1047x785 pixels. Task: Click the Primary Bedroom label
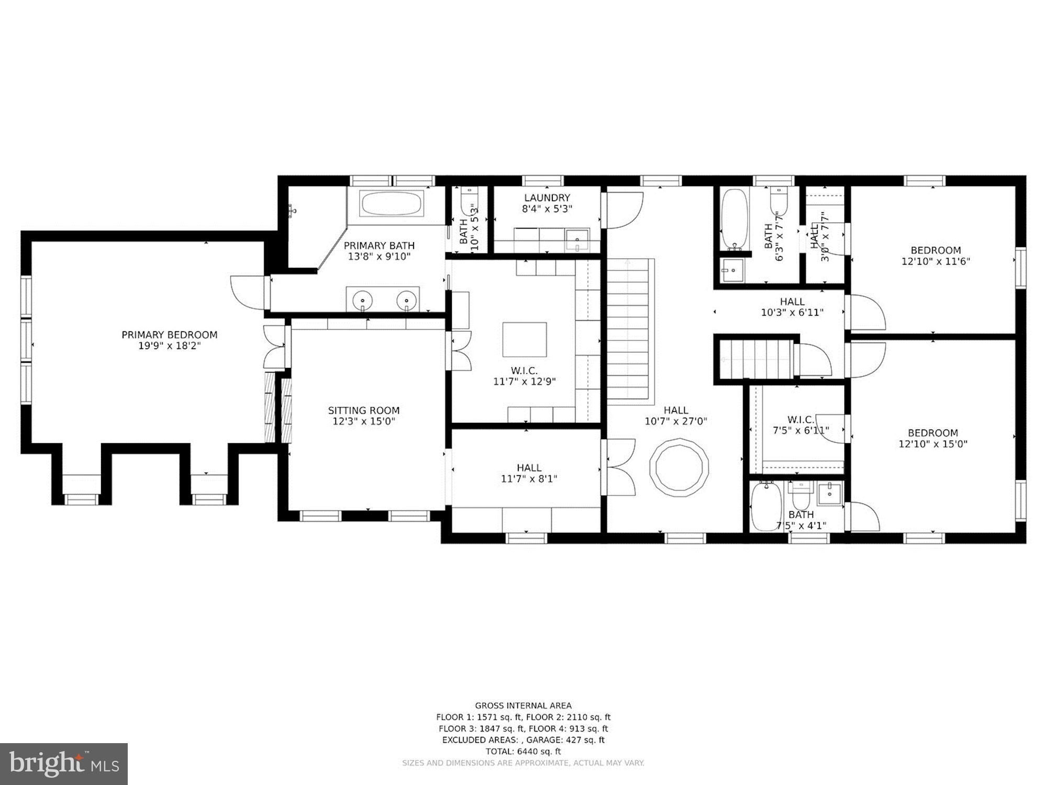pos(169,335)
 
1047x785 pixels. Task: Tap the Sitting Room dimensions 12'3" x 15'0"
pos(364,421)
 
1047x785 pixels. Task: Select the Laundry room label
pos(547,198)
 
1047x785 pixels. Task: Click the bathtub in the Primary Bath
pos(392,204)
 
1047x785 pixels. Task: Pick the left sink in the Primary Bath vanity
pos(362,300)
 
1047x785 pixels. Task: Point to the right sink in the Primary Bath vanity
pos(406,300)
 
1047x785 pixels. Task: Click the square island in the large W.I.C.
pos(525,340)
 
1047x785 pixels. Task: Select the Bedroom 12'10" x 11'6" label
pos(935,251)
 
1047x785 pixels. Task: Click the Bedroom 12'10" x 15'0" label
pos(933,433)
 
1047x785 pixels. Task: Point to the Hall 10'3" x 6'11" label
pos(792,302)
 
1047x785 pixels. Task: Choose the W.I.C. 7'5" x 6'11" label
pos(801,420)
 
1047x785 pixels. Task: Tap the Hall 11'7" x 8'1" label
pos(529,468)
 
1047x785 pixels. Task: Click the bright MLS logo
pos(63,764)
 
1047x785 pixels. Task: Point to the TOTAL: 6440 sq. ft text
pos(523,752)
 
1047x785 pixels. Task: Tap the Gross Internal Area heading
pos(523,705)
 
